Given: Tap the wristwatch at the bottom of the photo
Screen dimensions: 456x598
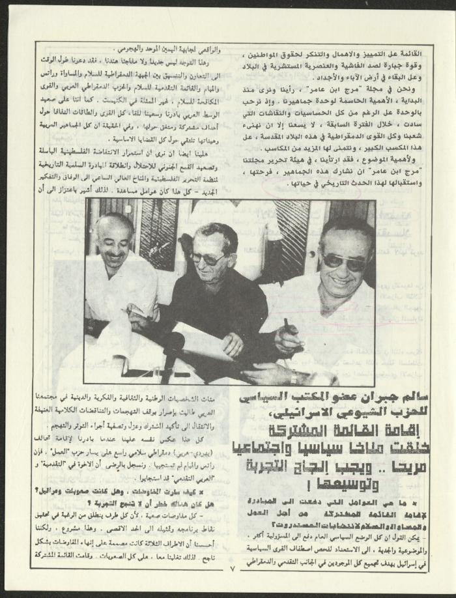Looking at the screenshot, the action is click(x=294, y=377).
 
